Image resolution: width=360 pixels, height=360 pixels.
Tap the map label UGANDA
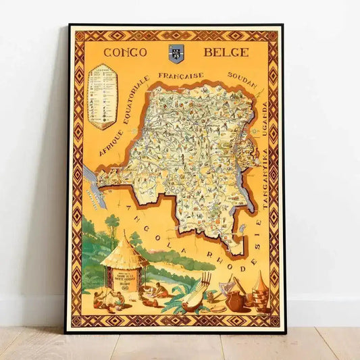click(x=265, y=118)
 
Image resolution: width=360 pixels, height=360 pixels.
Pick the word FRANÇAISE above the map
click(x=181, y=75)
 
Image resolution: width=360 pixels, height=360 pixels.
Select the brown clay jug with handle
click(x=236, y=301)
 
